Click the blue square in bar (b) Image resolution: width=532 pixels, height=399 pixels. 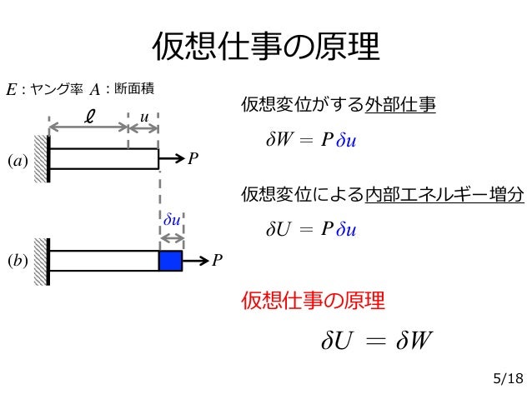click(x=170, y=261)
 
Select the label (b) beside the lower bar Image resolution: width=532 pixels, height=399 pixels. click(x=18, y=261)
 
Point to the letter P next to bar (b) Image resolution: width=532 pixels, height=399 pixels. click(x=217, y=261)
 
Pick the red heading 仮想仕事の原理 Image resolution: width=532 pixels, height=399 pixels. click(x=313, y=301)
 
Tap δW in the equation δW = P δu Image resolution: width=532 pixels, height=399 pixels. click(x=279, y=139)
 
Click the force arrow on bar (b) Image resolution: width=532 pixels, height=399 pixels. click(x=194, y=261)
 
